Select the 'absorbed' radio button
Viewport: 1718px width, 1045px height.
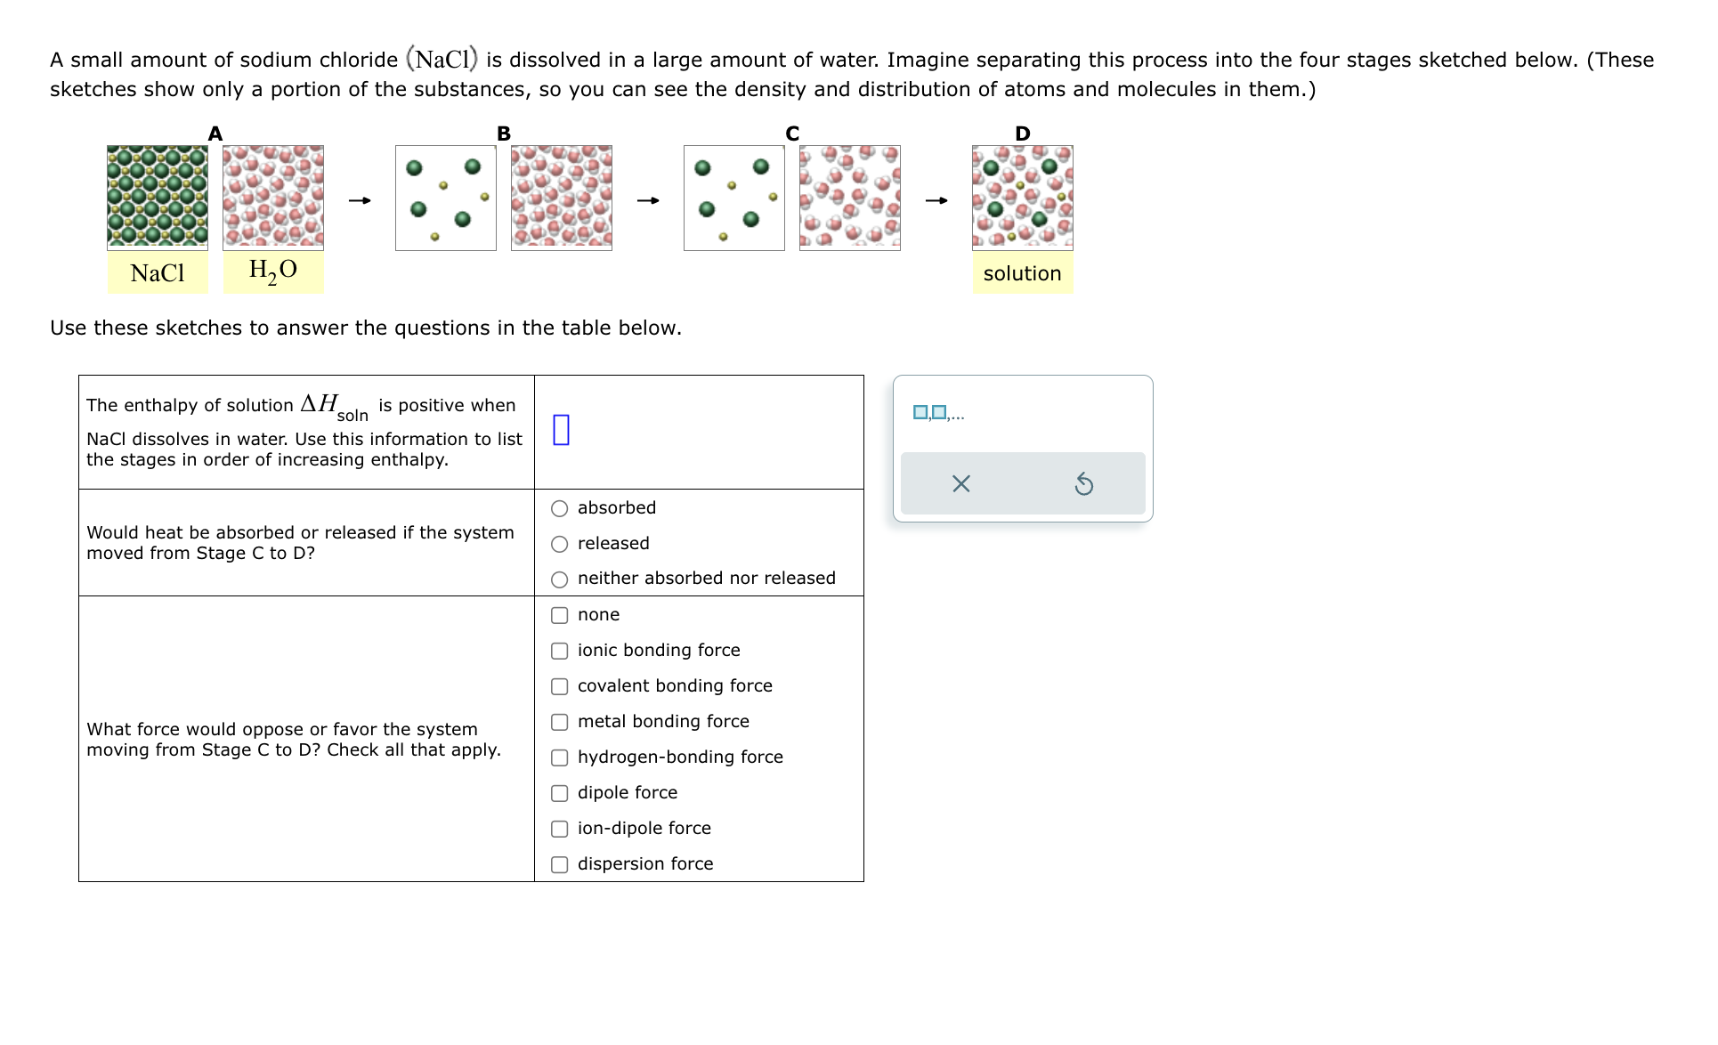click(559, 509)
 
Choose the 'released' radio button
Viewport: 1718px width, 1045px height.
click(559, 545)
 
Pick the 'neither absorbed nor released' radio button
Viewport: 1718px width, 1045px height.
click(559, 580)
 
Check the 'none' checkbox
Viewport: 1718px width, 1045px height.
click(559, 616)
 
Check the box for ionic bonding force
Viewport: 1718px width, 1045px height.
click(559, 652)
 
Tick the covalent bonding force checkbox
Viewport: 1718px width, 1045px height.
click(559, 687)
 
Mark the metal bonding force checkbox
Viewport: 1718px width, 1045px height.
click(559, 723)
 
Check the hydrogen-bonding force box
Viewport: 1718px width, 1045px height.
click(559, 758)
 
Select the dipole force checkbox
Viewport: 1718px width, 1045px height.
click(559, 794)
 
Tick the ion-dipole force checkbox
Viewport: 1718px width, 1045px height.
click(559, 830)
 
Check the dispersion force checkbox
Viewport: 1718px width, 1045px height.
click(559, 865)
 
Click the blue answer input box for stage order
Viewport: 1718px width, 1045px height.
click(561, 430)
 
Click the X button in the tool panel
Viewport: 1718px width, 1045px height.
click(960, 484)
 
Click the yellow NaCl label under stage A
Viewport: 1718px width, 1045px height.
click(158, 273)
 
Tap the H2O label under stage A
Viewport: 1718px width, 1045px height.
click(272, 271)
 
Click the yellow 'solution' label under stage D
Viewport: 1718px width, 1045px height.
click(1022, 273)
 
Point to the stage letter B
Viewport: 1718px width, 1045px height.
click(504, 134)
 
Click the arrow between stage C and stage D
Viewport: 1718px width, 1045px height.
click(936, 200)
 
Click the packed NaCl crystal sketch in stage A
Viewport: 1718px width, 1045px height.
click(158, 197)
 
